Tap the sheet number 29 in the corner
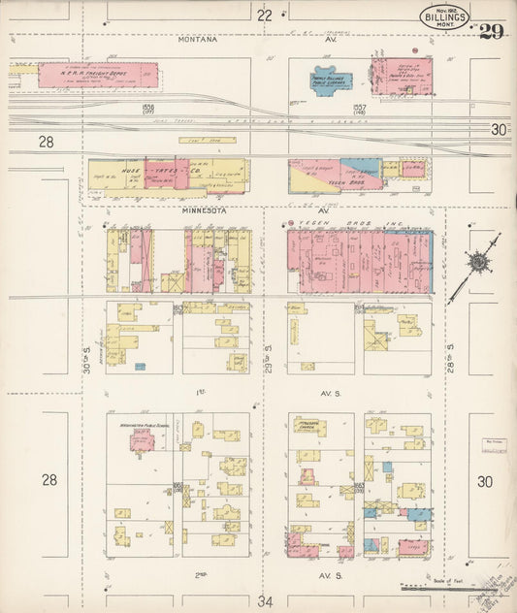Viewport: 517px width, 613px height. tap(491, 32)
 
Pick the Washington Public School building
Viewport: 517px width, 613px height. tap(144, 439)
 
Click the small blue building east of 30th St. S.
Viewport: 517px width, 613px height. tap(141, 367)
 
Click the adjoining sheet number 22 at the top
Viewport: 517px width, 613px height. tap(265, 16)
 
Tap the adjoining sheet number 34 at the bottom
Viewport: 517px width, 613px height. tap(265, 600)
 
